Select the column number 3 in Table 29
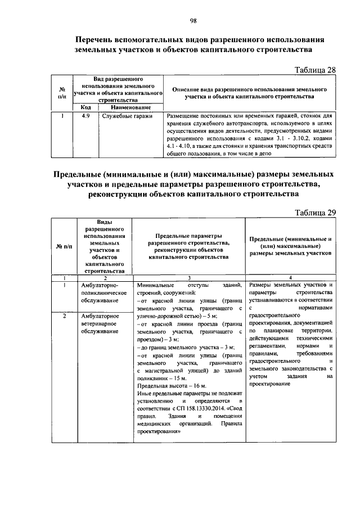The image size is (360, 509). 189,278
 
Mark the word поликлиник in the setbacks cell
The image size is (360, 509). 155,379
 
